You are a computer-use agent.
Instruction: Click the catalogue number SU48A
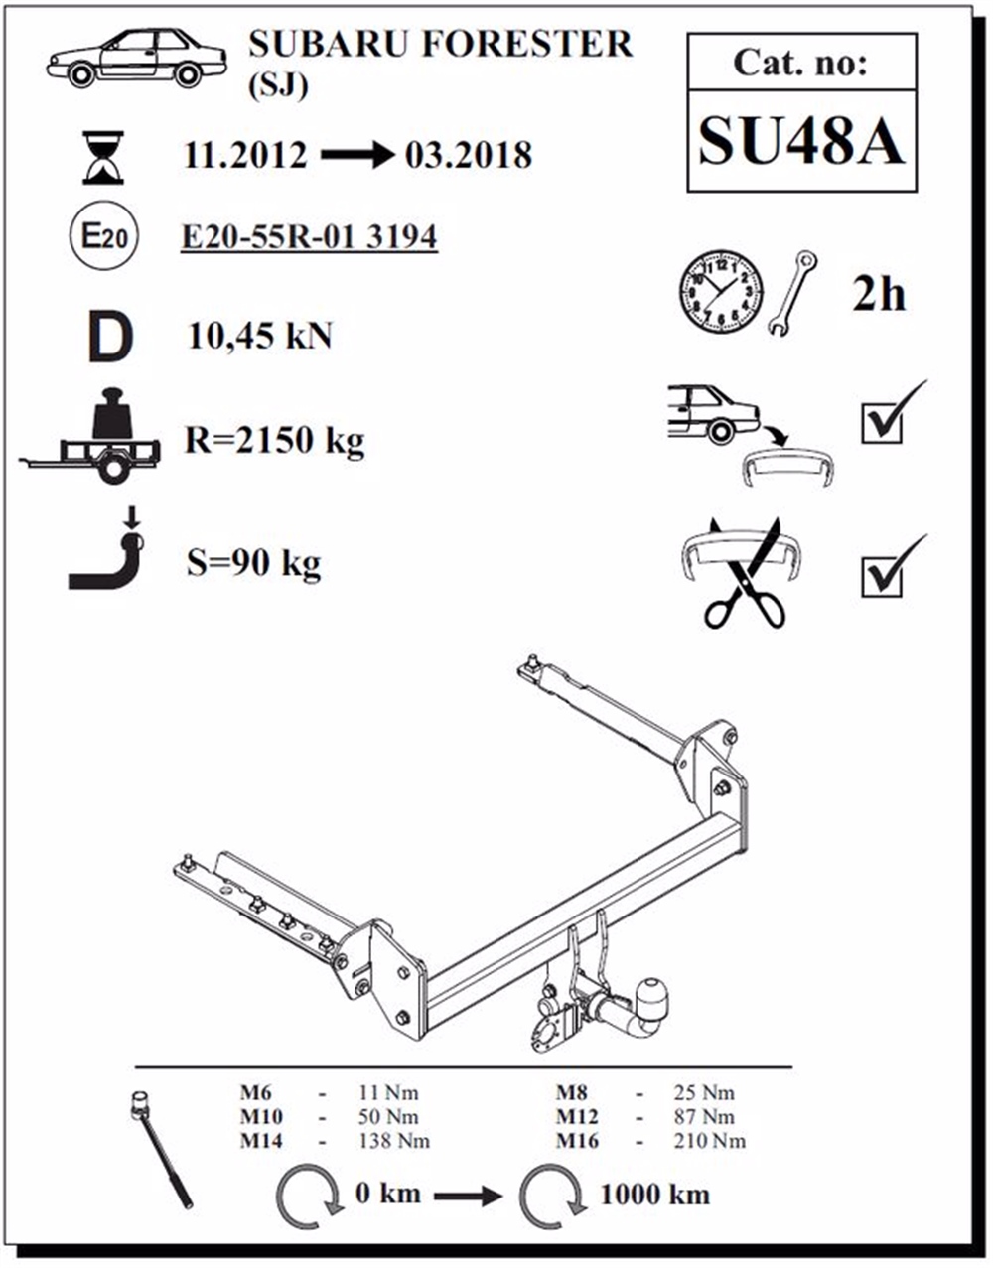pos(800,140)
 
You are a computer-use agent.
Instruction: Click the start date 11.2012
pos(245,155)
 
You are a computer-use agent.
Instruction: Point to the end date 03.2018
pos(468,155)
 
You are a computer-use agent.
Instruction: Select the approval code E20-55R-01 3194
pos(309,237)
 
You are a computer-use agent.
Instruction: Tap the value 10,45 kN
pos(259,336)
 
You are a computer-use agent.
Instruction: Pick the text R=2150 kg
pos(274,440)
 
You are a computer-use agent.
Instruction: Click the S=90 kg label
pos(253,563)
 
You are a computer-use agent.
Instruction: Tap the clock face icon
pos(722,292)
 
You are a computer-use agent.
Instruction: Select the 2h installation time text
pos(878,294)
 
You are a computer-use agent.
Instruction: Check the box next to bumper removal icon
pos(882,422)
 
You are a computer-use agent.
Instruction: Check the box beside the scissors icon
pos(882,575)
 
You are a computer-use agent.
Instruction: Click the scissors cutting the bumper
pos(746,577)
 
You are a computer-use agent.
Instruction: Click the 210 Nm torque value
pos(707,1141)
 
